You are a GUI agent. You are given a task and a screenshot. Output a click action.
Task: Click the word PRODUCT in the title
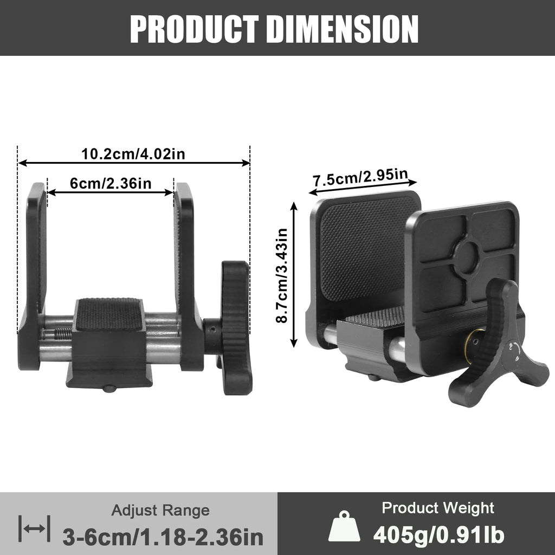(195, 29)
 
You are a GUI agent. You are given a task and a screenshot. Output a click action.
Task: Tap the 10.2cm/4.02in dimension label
(133, 154)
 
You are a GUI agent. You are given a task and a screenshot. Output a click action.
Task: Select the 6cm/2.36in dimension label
(111, 183)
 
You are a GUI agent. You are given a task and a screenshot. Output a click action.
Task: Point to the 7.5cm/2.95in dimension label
(360, 177)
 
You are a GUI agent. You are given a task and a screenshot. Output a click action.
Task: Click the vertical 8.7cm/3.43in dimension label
(282, 275)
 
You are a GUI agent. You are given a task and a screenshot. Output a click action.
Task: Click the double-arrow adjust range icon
(34, 528)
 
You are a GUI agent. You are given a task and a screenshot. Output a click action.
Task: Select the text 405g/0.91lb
(438, 534)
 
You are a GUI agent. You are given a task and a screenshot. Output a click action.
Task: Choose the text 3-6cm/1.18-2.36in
(163, 537)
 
